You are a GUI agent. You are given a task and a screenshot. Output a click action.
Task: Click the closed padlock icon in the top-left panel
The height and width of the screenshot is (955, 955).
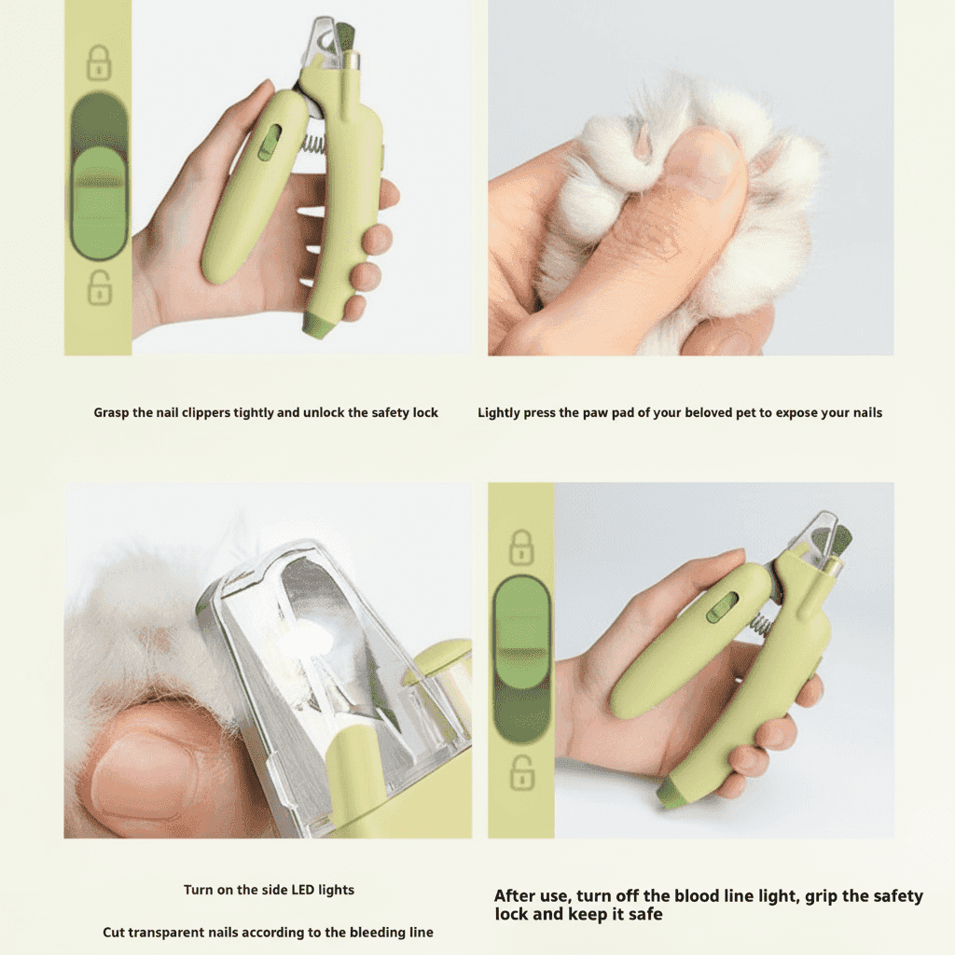click(x=99, y=62)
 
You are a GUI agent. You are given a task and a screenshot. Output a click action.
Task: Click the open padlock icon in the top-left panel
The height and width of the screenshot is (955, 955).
click(x=99, y=287)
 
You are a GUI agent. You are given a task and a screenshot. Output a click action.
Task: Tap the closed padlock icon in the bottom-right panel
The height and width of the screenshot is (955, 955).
click(x=521, y=547)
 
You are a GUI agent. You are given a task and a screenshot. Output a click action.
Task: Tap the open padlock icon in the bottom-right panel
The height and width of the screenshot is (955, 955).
click(x=522, y=772)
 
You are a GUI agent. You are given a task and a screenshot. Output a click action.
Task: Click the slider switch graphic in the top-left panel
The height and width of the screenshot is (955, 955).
click(x=99, y=176)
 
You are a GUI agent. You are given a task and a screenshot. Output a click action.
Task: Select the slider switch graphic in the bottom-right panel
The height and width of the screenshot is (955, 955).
click(x=522, y=660)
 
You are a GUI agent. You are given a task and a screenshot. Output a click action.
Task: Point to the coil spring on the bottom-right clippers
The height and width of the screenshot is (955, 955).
click(x=759, y=622)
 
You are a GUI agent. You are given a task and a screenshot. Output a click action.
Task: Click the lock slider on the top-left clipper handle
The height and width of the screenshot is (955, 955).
click(x=269, y=144)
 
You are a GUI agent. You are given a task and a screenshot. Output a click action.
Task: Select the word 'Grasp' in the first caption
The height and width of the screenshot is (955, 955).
click(x=111, y=413)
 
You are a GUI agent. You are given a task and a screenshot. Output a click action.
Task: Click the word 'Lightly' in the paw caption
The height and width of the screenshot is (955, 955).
click(x=499, y=413)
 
